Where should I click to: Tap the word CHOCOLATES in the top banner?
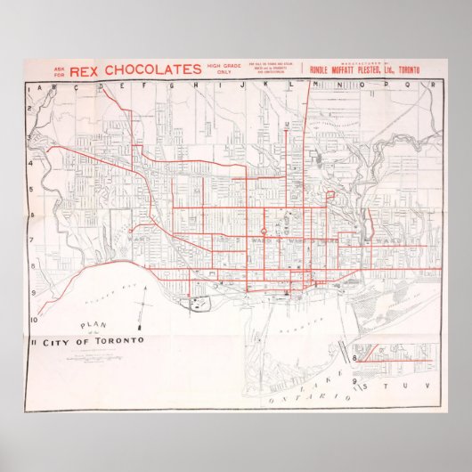click(151, 69)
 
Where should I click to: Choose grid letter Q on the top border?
click(411, 85)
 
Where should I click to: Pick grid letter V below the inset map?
click(427, 386)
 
